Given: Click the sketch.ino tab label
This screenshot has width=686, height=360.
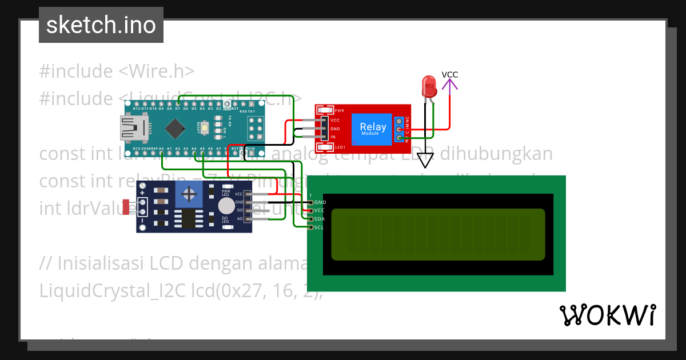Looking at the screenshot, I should click(x=101, y=25).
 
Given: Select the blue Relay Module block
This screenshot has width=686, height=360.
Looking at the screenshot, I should click(x=373, y=129).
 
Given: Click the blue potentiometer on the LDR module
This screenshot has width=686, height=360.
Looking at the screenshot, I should click(x=187, y=194).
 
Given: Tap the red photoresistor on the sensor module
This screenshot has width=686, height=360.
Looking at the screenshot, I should click(x=126, y=207).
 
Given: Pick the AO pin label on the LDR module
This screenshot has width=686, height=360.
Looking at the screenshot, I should click(x=240, y=219).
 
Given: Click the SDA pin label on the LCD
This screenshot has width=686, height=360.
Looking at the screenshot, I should click(x=320, y=219).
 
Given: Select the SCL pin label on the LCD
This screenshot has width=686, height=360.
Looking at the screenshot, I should click(x=320, y=227).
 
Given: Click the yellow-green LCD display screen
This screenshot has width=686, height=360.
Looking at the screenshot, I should click(x=438, y=234).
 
